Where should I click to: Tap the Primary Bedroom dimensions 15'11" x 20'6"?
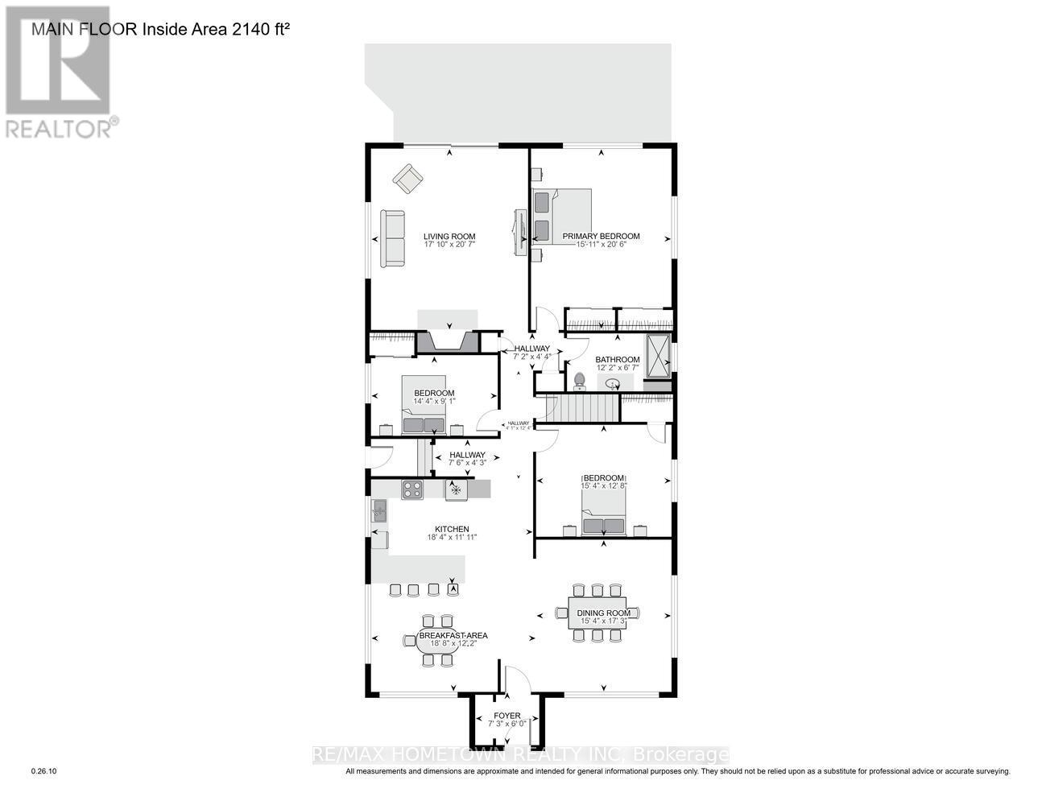coord(601,244)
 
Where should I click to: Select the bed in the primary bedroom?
coord(562,216)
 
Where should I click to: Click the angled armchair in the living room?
coord(407,179)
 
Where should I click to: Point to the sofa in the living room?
coord(393,238)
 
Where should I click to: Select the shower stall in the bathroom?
coord(658,355)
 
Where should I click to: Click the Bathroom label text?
coord(617,360)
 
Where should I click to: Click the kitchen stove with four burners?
coord(412,489)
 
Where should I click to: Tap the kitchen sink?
coord(378,511)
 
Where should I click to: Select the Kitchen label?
coord(452,530)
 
